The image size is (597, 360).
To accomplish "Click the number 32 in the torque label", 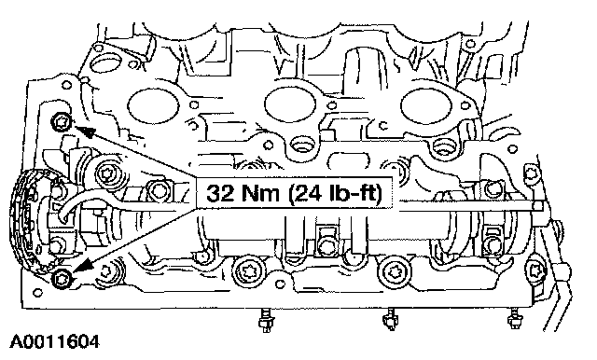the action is tap(220, 193).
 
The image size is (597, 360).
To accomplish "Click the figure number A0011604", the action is tap(54, 341).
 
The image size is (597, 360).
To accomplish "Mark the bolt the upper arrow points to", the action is tap(61, 122).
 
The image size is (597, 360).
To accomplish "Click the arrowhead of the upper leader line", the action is tap(84, 132).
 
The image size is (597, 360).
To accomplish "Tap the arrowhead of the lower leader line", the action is tap(83, 266).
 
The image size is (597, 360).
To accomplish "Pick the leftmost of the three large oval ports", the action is tap(153, 104).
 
